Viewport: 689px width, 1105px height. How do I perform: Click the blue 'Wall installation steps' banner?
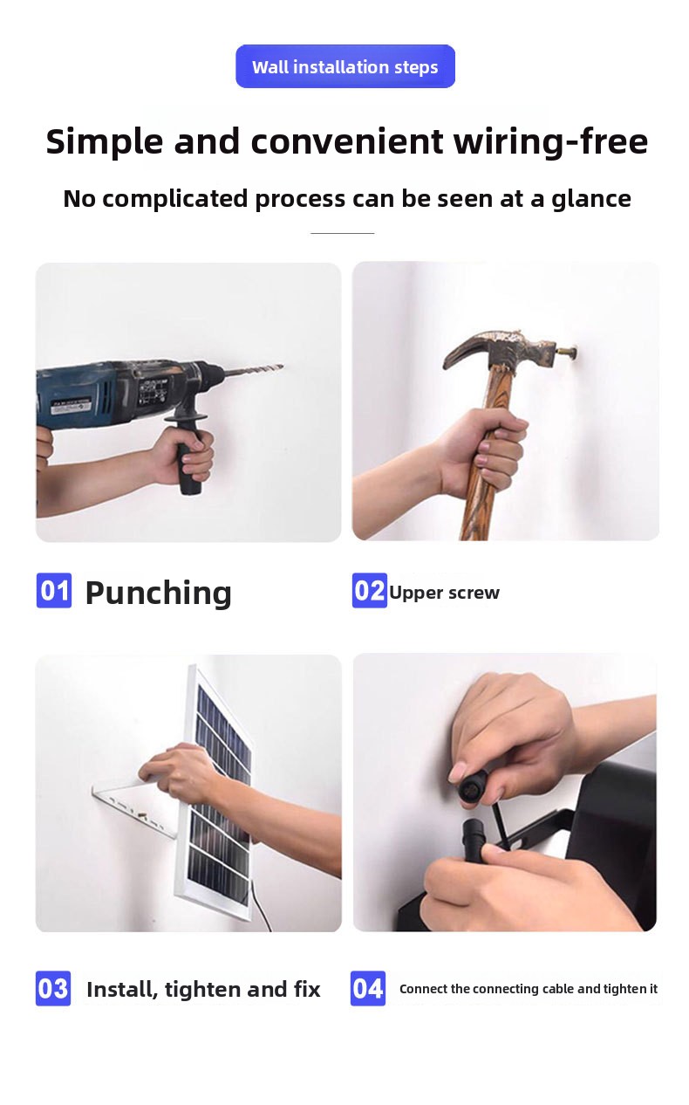pyautogui.click(x=345, y=66)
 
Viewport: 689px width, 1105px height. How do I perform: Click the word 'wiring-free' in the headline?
pyautogui.click(x=550, y=142)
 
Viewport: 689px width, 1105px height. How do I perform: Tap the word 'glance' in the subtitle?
pyautogui.click(x=591, y=200)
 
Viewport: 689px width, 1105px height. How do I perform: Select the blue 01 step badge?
pyautogui.click(x=54, y=590)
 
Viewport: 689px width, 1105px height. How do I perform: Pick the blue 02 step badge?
pyautogui.click(x=370, y=590)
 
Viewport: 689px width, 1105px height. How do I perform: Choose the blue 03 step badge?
pyautogui.click(x=53, y=988)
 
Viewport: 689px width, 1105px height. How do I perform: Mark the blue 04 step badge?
pyautogui.click(x=368, y=988)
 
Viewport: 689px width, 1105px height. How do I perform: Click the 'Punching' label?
pyautogui.click(x=158, y=593)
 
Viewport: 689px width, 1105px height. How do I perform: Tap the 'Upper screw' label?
pyautogui.click(x=444, y=593)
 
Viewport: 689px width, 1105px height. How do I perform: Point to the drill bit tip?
pyautogui.click(x=282, y=366)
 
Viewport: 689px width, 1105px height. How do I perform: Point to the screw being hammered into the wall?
pyautogui.click(x=567, y=353)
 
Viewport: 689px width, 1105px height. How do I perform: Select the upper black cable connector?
pyautogui.click(x=473, y=787)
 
